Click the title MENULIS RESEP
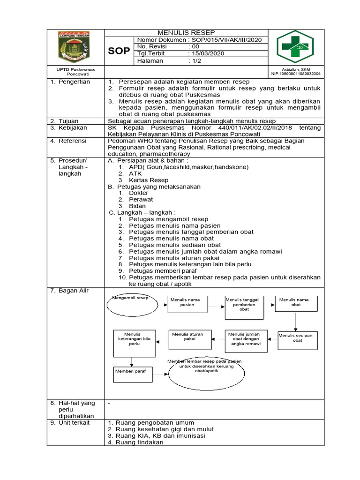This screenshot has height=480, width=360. click(186, 33)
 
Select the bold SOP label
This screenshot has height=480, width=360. click(119, 51)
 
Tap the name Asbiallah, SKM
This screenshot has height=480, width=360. click(296, 69)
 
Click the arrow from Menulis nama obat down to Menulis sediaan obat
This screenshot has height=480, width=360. click(296, 321)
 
